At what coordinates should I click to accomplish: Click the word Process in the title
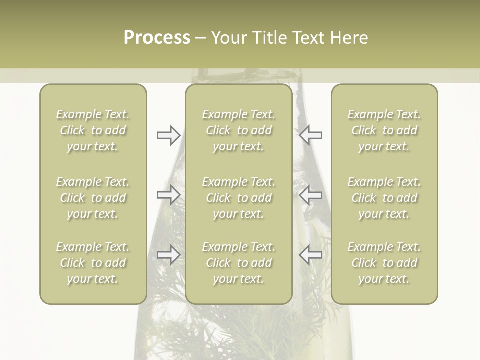click(x=157, y=38)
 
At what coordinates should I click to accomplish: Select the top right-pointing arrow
click(x=169, y=135)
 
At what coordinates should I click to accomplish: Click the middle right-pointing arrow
click(x=169, y=195)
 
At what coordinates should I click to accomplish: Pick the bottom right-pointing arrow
click(x=169, y=255)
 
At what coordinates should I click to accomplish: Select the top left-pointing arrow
click(x=311, y=135)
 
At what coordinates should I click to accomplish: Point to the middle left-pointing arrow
click(x=311, y=195)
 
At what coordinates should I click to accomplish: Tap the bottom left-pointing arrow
click(x=311, y=255)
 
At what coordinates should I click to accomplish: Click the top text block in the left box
click(x=93, y=130)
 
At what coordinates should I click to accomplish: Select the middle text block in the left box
click(x=93, y=198)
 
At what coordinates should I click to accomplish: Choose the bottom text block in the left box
click(x=93, y=263)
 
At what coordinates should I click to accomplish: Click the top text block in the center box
click(x=239, y=130)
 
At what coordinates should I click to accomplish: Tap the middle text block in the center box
click(x=239, y=198)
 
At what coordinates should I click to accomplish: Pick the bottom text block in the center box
click(x=239, y=263)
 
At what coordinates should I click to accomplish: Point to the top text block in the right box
click(x=384, y=130)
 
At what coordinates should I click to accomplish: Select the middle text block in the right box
click(x=384, y=198)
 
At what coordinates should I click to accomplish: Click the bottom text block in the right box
click(x=384, y=263)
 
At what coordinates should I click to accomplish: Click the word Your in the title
click(x=228, y=38)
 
